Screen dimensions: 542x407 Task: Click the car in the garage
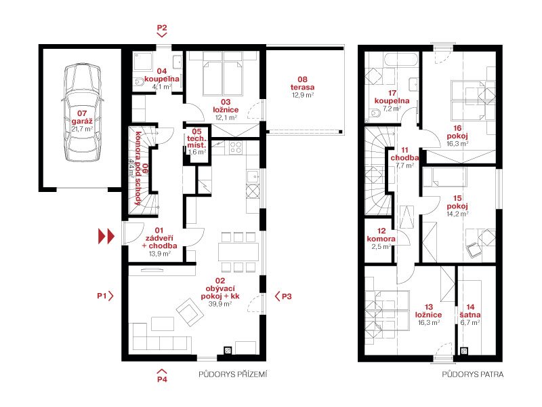tap(82, 113)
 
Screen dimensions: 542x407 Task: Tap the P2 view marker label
tap(162, 28)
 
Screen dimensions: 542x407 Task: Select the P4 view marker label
tap(162, 379)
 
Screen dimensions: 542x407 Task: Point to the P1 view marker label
tap(102, 296)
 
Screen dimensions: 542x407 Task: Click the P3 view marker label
tap(287, 296)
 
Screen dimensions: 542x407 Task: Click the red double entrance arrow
tap(106, 236)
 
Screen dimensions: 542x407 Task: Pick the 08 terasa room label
tap(302, 83)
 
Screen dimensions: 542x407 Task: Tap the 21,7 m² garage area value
tap(82, 129)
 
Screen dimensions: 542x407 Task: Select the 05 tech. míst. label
tap(196, 138)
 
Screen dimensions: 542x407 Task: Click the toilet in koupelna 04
tap(139, 81)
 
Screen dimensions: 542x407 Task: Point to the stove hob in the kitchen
tap(236, 147)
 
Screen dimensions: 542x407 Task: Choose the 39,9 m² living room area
tap(220, 304)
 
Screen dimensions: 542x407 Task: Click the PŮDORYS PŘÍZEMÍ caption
tap(233, 374)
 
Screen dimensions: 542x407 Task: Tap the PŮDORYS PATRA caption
tap(472, 374)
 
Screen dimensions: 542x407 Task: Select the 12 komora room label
tap(381, 235)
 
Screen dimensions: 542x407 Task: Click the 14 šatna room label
tap(470, 311)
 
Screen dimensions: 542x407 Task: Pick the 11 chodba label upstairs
tap(404, 154)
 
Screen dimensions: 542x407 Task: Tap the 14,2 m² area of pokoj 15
tap(457, 214)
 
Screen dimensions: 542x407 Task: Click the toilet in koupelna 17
tap(375, 113)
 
